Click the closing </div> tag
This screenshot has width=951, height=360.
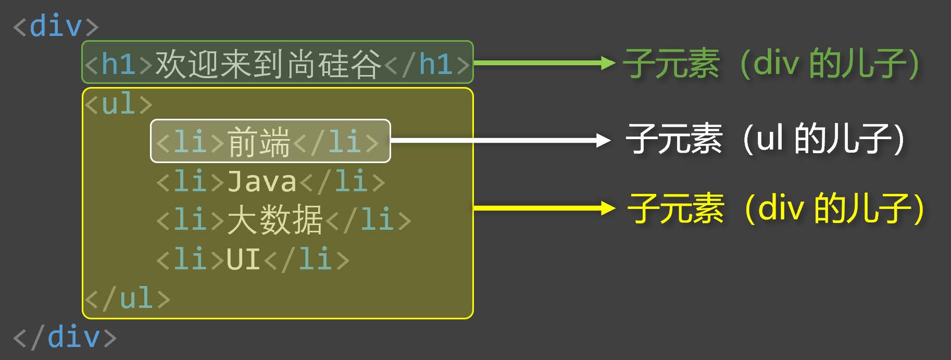65,337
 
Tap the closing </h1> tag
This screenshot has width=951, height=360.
427,64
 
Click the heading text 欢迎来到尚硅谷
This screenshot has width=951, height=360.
268,64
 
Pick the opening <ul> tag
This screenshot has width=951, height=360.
119,104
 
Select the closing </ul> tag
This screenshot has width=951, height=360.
127,299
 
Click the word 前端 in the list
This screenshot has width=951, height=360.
259,141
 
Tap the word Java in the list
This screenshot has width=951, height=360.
262,181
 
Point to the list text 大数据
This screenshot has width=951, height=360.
275,219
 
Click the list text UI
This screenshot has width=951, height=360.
243,258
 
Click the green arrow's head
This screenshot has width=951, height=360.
608,64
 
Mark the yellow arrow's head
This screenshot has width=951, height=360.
608,208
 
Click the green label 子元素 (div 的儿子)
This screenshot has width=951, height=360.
771,64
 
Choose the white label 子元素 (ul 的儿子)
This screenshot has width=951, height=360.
765,139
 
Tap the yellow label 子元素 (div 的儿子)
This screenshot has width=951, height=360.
776,208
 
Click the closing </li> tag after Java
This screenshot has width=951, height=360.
342,181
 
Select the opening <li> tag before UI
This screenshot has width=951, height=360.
191,258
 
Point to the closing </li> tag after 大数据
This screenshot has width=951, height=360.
368,219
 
